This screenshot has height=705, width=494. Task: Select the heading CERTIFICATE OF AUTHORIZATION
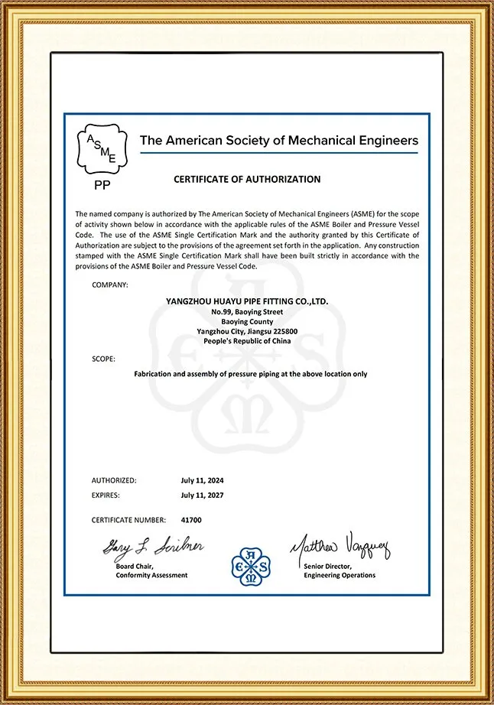point(247,180)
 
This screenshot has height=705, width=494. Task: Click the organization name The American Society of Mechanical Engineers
point(278,141)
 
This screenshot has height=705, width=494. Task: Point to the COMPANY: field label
point(110,284)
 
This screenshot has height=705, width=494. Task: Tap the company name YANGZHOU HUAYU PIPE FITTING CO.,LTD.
point(247,302)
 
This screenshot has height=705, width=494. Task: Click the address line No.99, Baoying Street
point(247,312)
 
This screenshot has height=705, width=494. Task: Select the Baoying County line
point(247,322)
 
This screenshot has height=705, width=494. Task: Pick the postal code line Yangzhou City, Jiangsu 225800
point(247,331)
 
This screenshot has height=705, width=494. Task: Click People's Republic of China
point(247,341)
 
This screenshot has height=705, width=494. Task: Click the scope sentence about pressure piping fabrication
point(251,375)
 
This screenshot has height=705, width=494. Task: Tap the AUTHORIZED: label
point(114,480)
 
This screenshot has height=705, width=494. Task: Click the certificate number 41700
point(191,520)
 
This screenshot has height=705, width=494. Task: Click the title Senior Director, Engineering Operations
point(340,570)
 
